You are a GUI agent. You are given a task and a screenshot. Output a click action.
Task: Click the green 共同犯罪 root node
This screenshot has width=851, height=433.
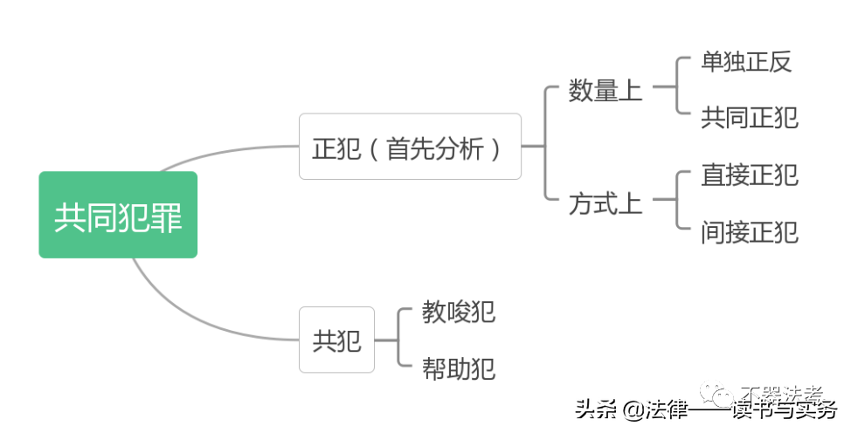118,215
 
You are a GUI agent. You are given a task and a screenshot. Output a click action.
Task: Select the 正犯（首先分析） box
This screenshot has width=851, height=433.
410,147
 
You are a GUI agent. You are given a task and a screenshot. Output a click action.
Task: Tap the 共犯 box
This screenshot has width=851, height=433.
336,340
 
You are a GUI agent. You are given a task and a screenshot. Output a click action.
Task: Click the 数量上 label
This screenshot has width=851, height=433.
605,90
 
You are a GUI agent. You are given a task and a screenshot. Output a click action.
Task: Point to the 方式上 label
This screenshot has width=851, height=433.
605,204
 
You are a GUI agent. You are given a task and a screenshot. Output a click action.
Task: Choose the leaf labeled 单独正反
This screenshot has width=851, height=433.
746,62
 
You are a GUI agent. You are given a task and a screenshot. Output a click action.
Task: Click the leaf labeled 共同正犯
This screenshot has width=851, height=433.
750,117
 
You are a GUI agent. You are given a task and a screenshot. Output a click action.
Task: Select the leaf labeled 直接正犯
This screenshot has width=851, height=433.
750,175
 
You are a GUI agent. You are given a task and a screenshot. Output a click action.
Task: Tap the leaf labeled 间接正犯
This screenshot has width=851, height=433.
750,232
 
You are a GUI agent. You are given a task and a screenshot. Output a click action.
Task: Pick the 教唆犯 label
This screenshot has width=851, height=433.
459,312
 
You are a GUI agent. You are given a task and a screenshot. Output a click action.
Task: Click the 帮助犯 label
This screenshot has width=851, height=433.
459,368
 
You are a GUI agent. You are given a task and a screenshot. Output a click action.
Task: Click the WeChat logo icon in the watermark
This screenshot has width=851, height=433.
722,396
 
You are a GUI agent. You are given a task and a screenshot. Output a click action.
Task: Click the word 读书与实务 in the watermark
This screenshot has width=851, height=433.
782,409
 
